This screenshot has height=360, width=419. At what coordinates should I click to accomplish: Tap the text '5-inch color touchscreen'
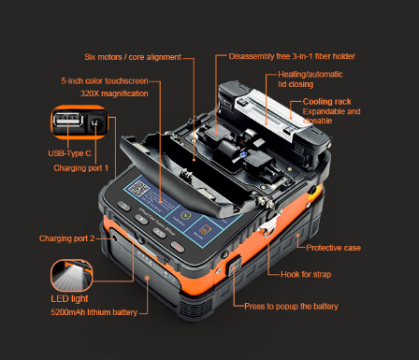coord(105,81)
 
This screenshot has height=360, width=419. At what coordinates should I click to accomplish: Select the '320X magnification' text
coord(114,94)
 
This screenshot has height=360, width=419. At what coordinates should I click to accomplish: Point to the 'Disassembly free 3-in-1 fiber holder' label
coord(291,56)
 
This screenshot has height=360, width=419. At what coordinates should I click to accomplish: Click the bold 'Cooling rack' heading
coord(326,100)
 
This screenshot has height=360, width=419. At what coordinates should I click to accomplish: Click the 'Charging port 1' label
coord(81,168)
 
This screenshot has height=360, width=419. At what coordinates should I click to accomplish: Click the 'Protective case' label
coord(334,248)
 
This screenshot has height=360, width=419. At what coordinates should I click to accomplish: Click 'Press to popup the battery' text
coord(291,307)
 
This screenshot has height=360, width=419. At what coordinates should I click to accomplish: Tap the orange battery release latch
coord(234,271)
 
